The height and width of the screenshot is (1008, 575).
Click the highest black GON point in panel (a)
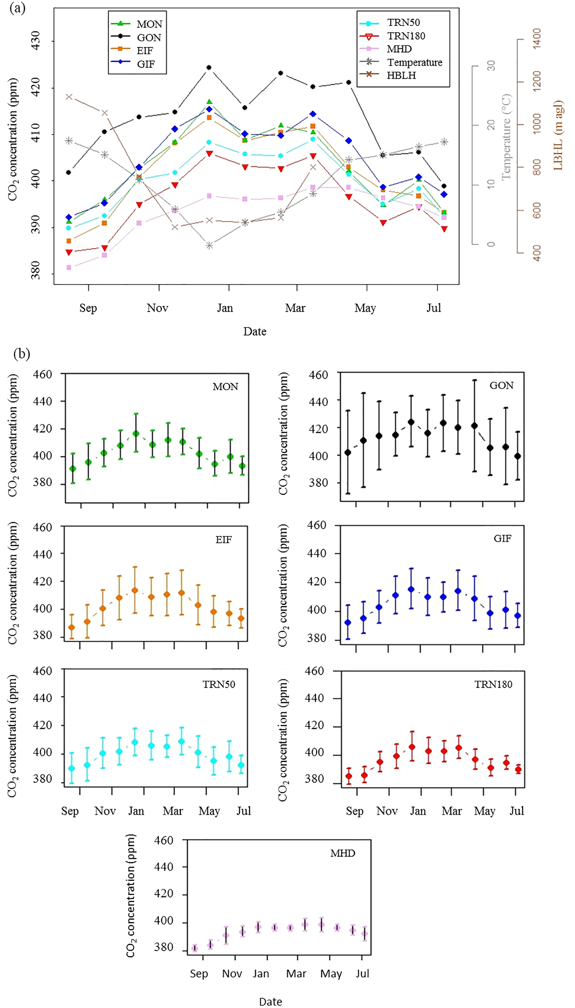209,67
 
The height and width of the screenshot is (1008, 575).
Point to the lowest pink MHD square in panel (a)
69,268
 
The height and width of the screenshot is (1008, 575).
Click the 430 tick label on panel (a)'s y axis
36,40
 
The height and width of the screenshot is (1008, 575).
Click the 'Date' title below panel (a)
255,331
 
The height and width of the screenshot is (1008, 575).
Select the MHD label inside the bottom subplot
343,853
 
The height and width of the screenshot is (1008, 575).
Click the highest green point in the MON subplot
136,433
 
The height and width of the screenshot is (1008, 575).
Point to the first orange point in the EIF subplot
72,627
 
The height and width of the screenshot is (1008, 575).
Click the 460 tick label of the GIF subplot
316,525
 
